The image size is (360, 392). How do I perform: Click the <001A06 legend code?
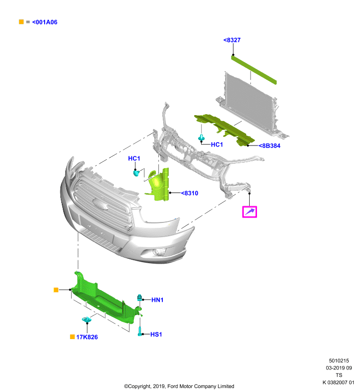tap(45, 22)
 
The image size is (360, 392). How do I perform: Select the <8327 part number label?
tap(232, 40)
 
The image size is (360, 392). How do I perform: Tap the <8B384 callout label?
tap(269, 146)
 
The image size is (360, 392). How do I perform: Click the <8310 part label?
tap(189, 193)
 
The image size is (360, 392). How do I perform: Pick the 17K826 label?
tap(87, 337)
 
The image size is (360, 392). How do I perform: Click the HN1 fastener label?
tap(157, 300)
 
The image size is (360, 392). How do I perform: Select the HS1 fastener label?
tap(156, 334)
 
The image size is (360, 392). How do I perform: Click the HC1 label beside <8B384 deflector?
tap(217, 145)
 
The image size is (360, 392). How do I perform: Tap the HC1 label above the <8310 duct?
tap(134, 158)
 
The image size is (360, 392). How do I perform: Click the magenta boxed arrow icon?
tap(250, 212)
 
